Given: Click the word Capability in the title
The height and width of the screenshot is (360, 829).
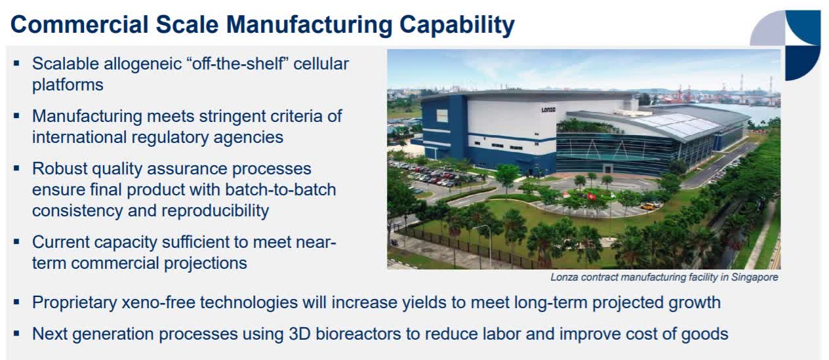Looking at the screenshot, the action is [456, 25].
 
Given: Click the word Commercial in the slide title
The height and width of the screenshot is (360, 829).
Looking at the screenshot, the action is [79, 25].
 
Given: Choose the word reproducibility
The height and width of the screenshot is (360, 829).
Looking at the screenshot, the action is [215, 211].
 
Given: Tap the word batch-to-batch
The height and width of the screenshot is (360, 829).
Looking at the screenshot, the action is [281, 190].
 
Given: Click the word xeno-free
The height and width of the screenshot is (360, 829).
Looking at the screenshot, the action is [159, 302].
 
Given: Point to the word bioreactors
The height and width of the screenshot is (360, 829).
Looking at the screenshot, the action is [358, 334].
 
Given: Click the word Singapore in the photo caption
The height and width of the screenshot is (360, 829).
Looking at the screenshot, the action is [755, 277].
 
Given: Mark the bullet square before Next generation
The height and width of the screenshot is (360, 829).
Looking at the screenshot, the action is [16, 334].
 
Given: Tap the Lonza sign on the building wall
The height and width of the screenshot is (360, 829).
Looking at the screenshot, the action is [548, 110].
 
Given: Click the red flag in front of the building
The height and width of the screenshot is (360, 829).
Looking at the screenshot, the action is [592, 197].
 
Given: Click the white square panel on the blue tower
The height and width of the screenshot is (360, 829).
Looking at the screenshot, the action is [441, 116].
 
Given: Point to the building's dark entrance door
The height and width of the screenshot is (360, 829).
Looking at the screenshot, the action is [608, 169].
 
